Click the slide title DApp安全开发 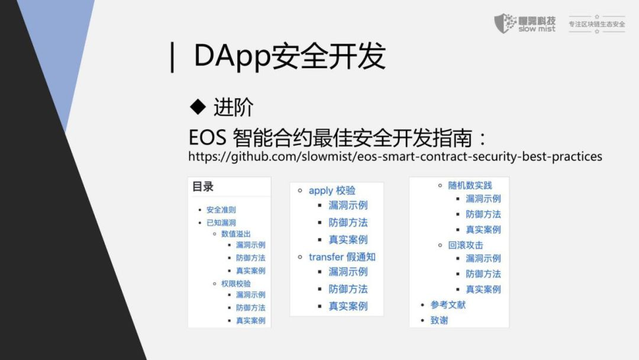tap(290, 56)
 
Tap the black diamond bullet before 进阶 tap(198, 107)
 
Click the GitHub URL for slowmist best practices tap(395, 156)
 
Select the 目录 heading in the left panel tap(203, 187)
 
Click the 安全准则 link tap(221, 210)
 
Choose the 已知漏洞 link tap(221, 223)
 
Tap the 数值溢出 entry tap(235, 234)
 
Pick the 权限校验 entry tap(235, 284)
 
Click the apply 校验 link tap(332, 191)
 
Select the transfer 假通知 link tap(342, 257)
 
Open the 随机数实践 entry tap(470, 185)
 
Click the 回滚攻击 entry tap(466, 245)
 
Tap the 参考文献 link tap(448, 305)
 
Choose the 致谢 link tap(439, 320)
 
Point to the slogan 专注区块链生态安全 tap(596, 24)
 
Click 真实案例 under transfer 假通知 tap(348, 306)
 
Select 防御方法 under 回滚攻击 tap(483, 274)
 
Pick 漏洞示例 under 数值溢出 tap(251, 245)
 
